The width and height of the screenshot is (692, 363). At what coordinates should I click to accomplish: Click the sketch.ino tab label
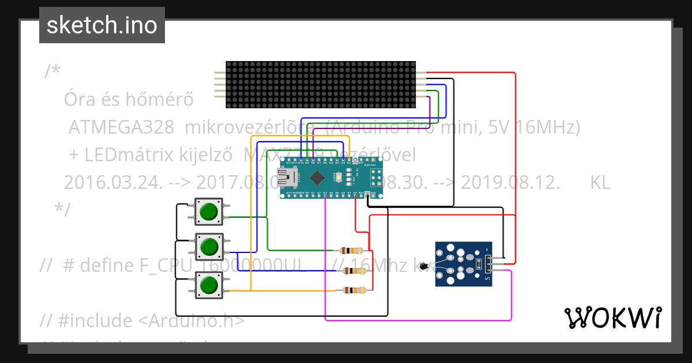[101, 25]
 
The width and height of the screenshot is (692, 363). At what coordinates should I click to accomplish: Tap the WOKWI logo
[612, 317]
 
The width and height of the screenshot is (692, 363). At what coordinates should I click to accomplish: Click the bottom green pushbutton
[209, 285]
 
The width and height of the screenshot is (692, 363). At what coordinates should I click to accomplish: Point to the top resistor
[351, 251]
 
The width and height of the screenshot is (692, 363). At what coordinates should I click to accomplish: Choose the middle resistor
[353, 271]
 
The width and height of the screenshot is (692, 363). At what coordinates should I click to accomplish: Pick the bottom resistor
[353, 290]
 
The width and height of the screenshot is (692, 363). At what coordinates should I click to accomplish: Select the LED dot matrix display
[320, 85]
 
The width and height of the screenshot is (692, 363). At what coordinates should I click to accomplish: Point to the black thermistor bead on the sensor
[425, 266]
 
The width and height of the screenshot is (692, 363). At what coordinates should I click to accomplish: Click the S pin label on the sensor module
[489, 279]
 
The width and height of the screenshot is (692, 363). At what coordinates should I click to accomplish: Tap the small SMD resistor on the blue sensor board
[478, 264]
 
